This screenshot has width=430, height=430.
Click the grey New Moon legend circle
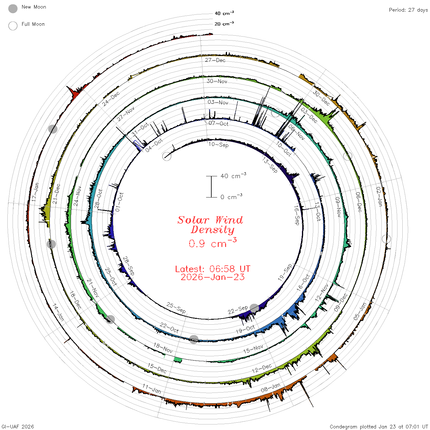click(x=13, y=9)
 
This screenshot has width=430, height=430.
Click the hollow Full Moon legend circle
click(x=13, y=26)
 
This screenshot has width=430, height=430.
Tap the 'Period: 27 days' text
click(x=408, y=10)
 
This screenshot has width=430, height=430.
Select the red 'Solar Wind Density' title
click(x=210, y=225)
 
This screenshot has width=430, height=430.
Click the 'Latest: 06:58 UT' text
click(x=213, y=269)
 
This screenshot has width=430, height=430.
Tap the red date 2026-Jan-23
click(x=213, y=277)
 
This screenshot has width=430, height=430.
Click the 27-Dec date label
click(x=215, y=60)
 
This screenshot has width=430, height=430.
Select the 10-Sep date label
click(x=218, y=145)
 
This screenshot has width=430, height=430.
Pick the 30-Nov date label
click(x=217, y=81)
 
